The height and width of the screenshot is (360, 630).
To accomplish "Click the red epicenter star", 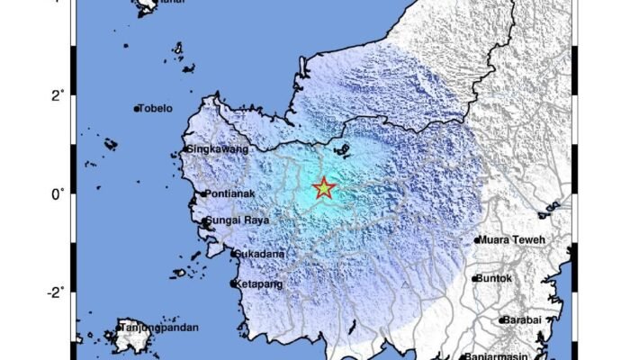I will coord(323,189).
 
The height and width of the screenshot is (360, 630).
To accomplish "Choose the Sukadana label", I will coord(261,254).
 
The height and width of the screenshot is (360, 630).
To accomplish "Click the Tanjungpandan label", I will coord(158,327).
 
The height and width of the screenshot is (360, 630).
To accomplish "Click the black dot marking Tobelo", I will coord(137,110).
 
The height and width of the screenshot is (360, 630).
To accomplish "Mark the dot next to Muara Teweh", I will coord(477,240).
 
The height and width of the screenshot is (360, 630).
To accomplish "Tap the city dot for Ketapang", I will coord(233,284).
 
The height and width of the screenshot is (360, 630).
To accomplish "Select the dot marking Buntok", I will coord(475,279).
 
